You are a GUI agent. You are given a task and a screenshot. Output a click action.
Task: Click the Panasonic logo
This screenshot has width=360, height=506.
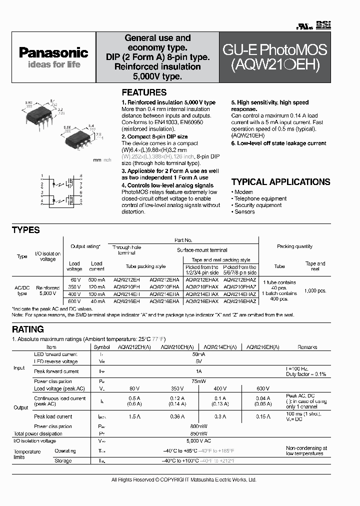coord(53,52)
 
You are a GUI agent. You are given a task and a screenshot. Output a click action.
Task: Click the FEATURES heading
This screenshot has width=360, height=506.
coord(144,92)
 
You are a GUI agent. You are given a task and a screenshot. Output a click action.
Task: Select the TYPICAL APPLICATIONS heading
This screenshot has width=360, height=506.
coord(280,182)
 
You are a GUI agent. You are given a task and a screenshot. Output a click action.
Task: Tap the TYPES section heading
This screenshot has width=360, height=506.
coord(25,230)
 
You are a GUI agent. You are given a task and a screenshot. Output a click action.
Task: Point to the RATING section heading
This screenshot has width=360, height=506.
coord(28,329)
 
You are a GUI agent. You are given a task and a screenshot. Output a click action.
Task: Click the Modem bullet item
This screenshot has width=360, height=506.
coord(243,192)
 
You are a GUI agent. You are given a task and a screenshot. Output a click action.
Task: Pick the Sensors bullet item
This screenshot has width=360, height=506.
coord(244,211)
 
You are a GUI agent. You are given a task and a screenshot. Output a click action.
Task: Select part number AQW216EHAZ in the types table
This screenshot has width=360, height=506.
coord(239,301)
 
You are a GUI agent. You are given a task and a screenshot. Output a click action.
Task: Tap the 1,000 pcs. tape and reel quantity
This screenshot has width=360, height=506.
coord(315,290)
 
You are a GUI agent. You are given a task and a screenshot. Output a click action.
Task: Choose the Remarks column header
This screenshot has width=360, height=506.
coord(307,346)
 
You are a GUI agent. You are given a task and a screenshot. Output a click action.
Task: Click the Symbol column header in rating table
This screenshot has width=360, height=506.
coord(101,346)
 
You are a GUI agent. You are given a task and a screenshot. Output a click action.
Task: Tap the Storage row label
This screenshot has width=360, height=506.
coord(63,460)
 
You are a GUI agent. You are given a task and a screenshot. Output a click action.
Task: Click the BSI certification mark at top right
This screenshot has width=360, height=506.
coord(324,24)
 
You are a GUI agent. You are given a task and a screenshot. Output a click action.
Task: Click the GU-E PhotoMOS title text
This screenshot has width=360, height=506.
coord(274,50)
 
